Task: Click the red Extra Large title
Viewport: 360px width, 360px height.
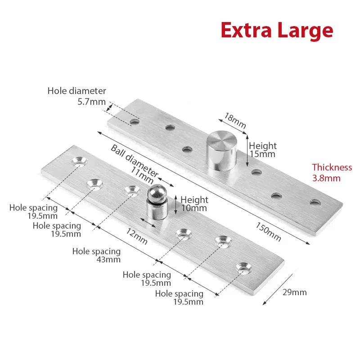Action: (x=277, y=31)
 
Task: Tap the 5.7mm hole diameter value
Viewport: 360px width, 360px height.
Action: (x=91, y=102)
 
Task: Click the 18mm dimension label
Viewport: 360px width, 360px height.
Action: (x=235, y=121)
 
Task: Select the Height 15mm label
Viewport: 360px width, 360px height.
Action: (x=263, y=150)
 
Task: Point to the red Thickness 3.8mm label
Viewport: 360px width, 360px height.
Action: (x=332, y=173)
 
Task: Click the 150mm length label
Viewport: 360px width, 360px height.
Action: (x=268, y=232)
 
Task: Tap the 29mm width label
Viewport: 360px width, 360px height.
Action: (x=295, y=292)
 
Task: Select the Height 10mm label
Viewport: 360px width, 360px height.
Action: (x=194, y=204)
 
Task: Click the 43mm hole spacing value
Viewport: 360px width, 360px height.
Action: (x=108, y=260)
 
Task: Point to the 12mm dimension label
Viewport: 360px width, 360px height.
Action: (x=137, y=237)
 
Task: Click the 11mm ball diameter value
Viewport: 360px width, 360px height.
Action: (x=142, y=175)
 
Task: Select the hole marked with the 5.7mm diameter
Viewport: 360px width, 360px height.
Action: (x=135, y=121)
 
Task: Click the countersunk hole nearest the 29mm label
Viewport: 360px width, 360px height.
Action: (x=244, y=269)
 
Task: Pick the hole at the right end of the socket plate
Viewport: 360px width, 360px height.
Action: (x=315, y=202)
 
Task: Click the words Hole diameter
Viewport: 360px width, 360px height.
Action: (x=76, y=91)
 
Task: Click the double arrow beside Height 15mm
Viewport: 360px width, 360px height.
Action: (x=247, y=151)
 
